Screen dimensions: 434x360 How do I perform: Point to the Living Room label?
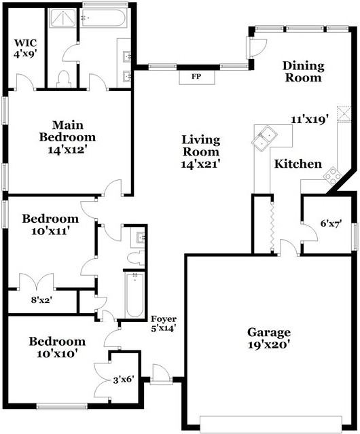click(x=201, y=151)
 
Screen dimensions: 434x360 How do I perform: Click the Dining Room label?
click(x=304, y=71)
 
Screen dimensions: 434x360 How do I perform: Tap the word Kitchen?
click(x=298, y=164)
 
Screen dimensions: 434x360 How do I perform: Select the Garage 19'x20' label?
click(x=268, y=338)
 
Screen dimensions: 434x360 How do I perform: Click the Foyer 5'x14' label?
click(x=164, y=323)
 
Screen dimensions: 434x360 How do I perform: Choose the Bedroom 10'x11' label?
click(x=50, y=225)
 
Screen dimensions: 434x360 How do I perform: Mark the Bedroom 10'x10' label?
click(x=57, y=347)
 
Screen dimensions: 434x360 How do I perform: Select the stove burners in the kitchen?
click(x=331, y=176)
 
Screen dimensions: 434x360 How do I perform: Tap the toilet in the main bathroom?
click(x=63, y=78)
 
